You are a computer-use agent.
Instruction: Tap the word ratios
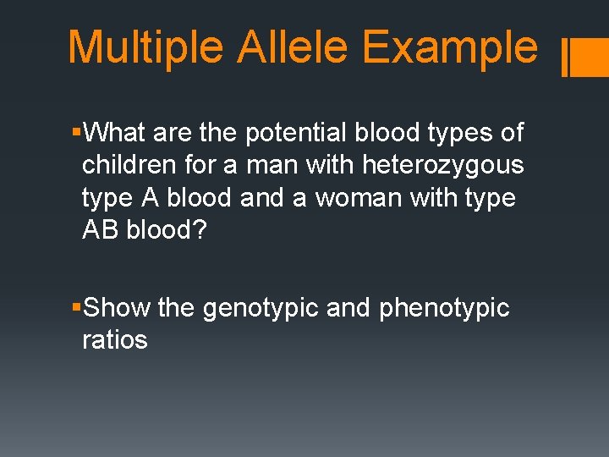pos(114,340)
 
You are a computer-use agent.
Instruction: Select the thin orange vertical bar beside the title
pos(565,58)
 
